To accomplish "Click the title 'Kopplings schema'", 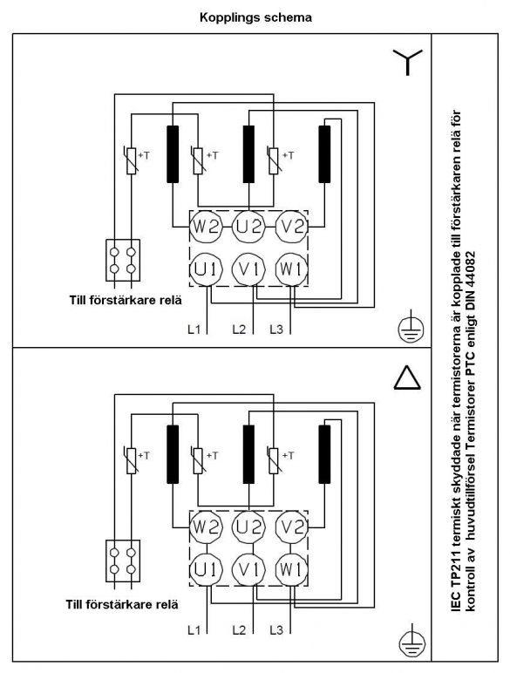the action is pos(255,17).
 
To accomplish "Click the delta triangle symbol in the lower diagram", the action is pos(407,378).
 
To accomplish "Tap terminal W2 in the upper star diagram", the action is pos(207,226).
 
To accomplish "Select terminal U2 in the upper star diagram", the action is pos(249,226).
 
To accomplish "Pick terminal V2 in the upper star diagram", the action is pos(291,226).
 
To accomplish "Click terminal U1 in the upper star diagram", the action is pos(207,269).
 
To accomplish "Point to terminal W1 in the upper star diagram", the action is pos(291,269).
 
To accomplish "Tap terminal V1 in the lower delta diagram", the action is pos(249,569).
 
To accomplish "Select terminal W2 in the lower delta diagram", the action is pos(207,527).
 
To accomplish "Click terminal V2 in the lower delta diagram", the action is pos(291,527).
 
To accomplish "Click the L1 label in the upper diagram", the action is pos(194,330).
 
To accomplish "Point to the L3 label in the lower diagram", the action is pos(276,630).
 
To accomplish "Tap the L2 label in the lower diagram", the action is pos(239,630).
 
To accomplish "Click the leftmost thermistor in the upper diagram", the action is pos(132,161).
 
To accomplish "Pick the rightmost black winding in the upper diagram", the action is pos(324,154).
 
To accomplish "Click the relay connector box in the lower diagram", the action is pos(123,561).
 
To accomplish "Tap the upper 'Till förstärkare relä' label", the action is pos(126,300).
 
